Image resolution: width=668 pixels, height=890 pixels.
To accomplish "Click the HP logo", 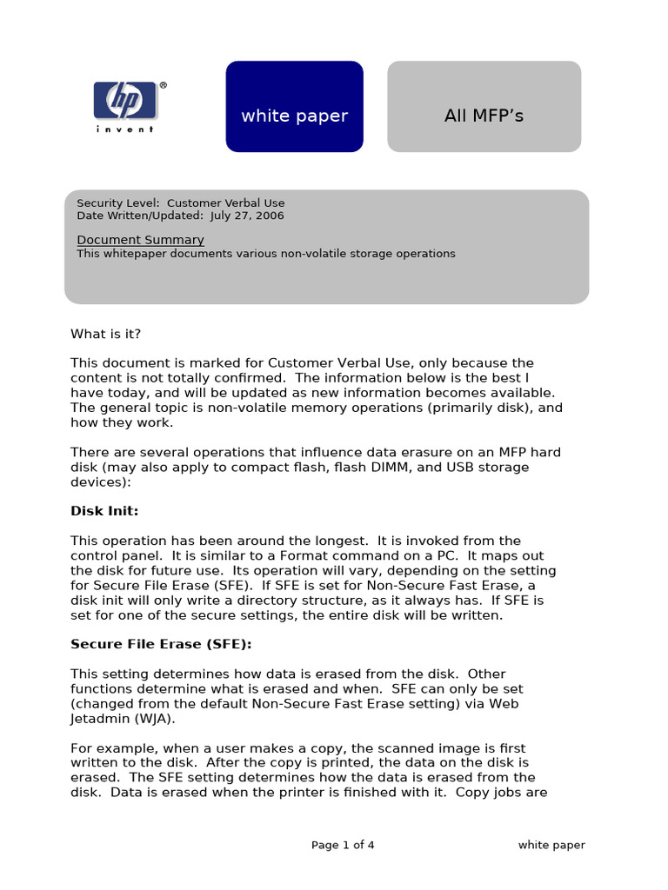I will (125, 100).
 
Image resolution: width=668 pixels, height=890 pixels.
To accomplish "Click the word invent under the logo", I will (125, 130).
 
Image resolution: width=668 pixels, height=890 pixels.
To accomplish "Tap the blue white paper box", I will (294, 107).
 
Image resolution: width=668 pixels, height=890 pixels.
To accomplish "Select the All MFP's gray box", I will (484, 107).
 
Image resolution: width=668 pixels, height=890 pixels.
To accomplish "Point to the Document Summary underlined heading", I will (140, 240).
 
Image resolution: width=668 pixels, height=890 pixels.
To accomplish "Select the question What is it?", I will (105, 334).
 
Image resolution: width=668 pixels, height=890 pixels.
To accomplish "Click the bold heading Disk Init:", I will (104, 511).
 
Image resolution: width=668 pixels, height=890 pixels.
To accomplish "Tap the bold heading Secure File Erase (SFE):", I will (161, 644).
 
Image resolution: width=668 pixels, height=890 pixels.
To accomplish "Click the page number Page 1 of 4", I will (343, 845).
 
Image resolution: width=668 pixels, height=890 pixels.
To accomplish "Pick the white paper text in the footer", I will (551, 845).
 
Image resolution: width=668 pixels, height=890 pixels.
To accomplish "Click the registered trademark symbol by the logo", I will (163, 86).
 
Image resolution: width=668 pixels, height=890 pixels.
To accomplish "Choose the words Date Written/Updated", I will (139, 216).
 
